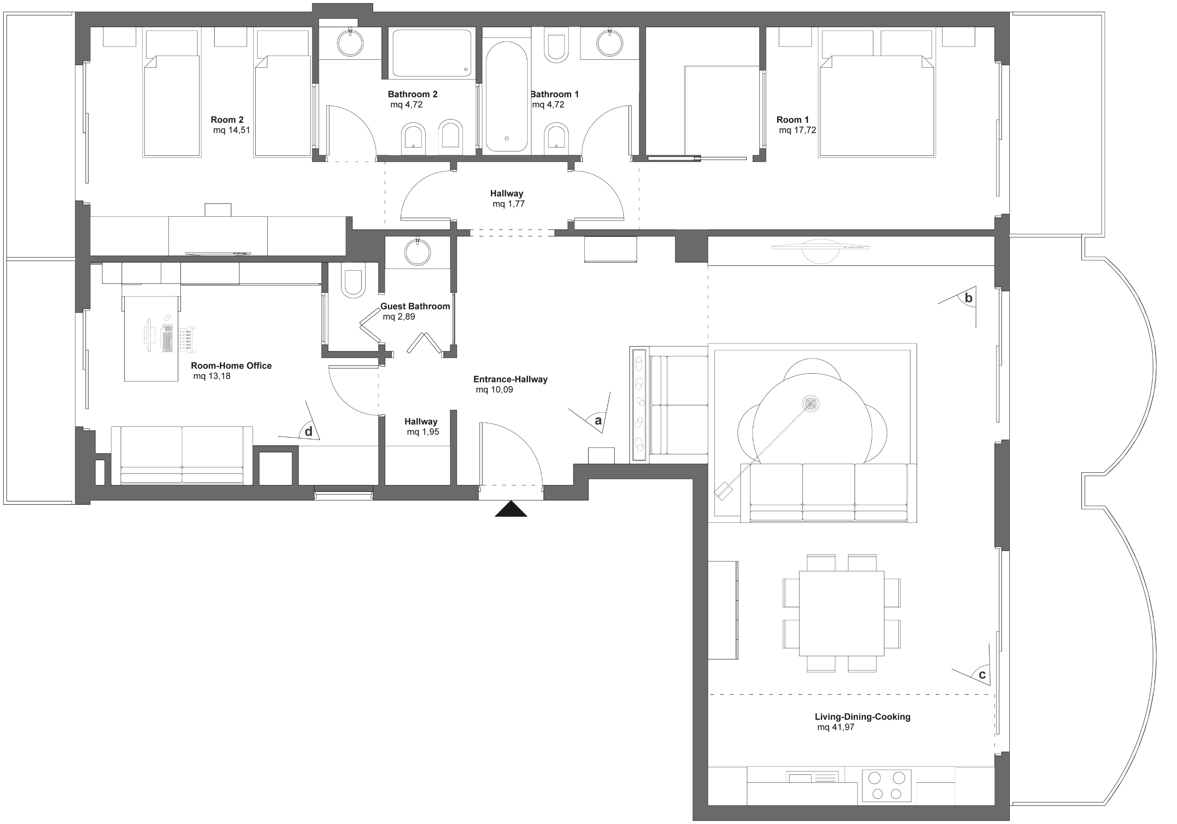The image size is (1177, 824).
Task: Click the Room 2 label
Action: [x=227, y=120]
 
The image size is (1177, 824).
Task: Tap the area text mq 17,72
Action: [x=797, y=130]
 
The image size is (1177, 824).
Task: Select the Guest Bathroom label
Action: [x=415, y=306]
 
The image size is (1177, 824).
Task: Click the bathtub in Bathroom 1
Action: [x=507, y=96]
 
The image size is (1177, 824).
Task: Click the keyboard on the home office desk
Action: [x=168, y=338]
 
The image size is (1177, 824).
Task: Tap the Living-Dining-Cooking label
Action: [x=862, y=717]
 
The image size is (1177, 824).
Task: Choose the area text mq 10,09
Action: [x=494, y=390]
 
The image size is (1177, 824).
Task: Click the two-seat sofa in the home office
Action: [x=182, y=455]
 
